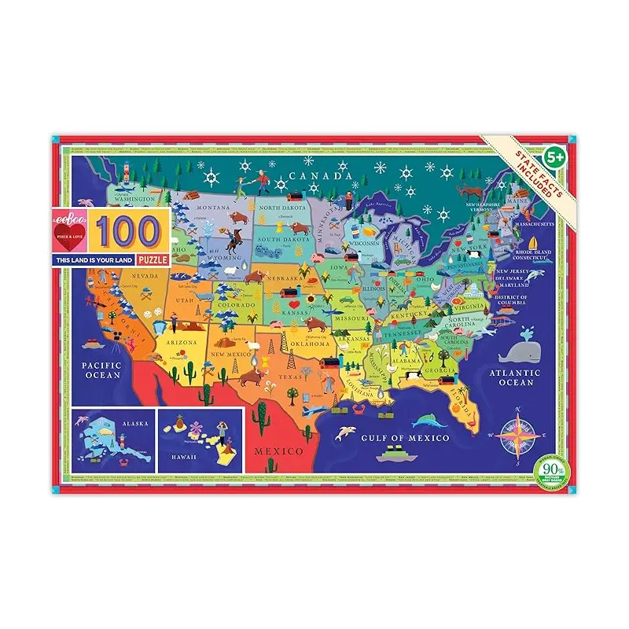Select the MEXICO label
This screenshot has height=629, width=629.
(x=277, y=451)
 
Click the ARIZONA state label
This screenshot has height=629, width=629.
(x=182, y=343)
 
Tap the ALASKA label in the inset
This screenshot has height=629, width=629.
(x=134, y=422)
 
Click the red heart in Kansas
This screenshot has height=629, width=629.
(x=292, y=302)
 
